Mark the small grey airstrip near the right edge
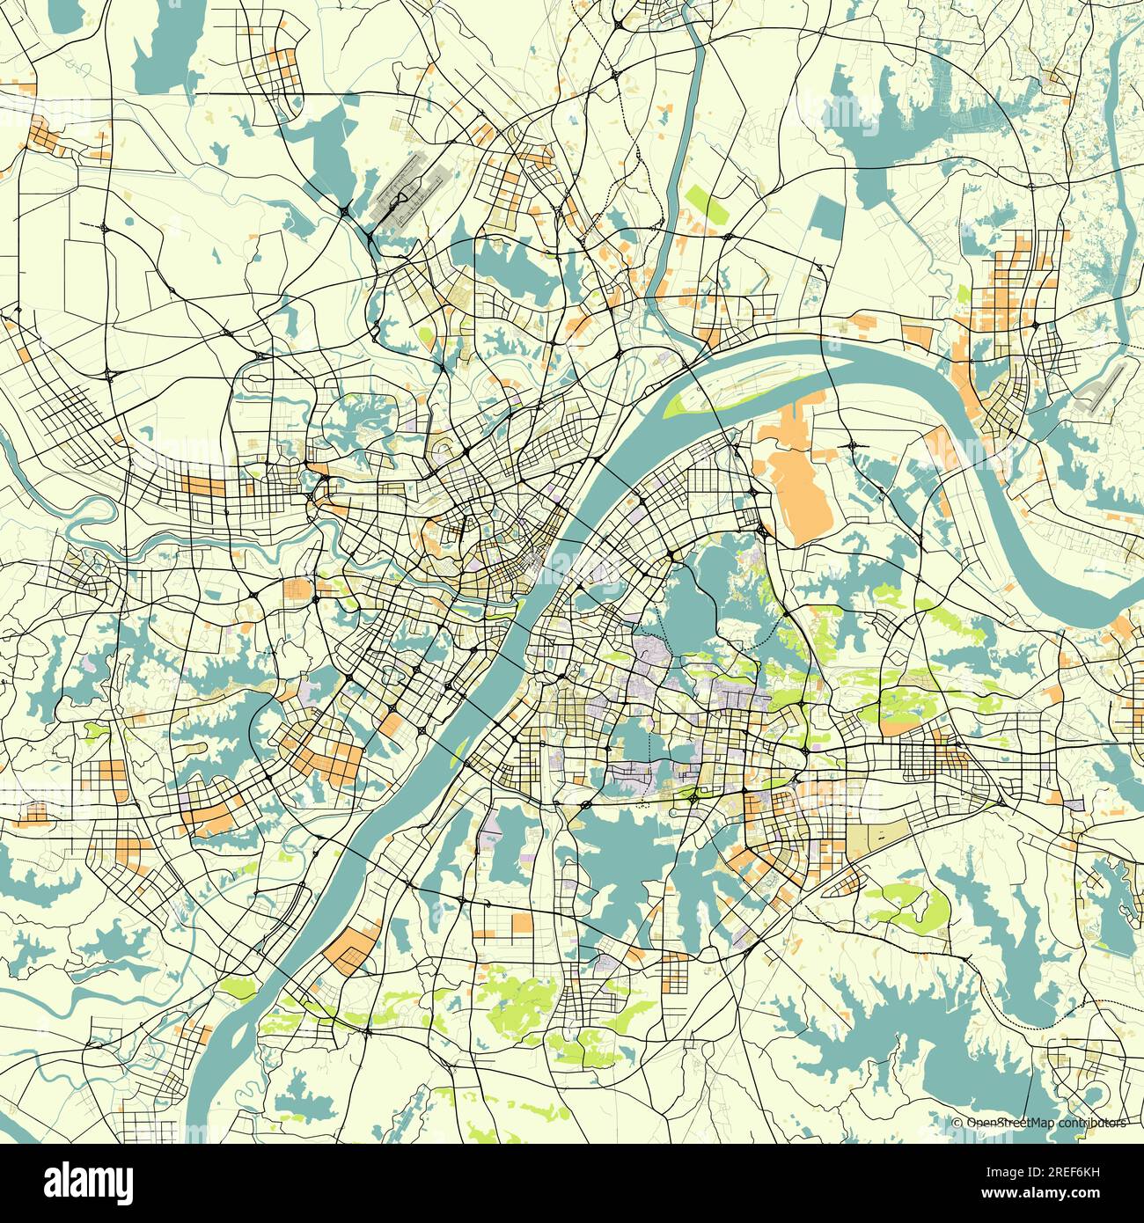pyautogui.click(x=1100, y=388)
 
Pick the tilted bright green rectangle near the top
pyautogui.click(x=704, y=202)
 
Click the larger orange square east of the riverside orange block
pyautogui.click(x=522, y=922)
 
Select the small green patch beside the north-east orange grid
pyautogui.click(x=963, y=294)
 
